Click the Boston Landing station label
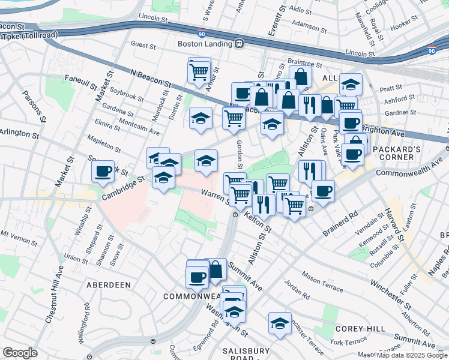click(x=205, y=43)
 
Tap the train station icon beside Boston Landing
click(x=239, y=43)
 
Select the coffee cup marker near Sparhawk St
click(x=103, y=171)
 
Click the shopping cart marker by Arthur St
click(x=199, y=72)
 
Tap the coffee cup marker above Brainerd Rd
click(x=323, y=191)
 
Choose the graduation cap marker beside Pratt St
click(x=351, y=84)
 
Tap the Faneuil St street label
click(x=80, y=80)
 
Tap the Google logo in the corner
click(x=20, y=353)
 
